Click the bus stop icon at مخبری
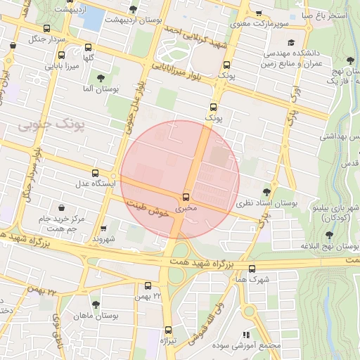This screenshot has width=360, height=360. [186, 198]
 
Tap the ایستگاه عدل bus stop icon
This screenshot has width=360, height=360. [96, 172]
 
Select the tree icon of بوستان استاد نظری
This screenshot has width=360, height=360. [266, 191]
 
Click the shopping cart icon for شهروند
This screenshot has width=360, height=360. [104, 228]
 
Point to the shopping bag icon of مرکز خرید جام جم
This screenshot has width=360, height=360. [63, 208]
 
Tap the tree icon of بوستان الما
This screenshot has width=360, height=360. [101, 77]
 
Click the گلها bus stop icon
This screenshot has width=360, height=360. [88, 48]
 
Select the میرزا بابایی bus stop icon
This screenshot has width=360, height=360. [61, 56]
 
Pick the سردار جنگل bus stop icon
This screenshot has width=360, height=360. [47, 29]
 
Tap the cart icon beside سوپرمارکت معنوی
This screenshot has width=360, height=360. [259, 13]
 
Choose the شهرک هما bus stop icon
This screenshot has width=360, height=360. [252, 269]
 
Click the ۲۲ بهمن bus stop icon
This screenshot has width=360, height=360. [148, 285]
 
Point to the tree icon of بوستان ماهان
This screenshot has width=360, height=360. [96, 304]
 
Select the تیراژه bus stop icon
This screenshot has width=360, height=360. [168, 329]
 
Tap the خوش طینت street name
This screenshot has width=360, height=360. [149, 207]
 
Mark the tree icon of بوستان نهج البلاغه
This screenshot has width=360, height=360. [328, 235]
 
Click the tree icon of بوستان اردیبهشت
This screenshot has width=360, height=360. [134, 9]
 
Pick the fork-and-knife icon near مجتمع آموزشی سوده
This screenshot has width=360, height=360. [245, 335]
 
